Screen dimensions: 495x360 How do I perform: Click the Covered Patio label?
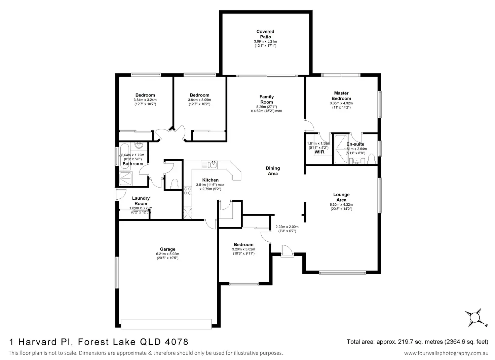[x=265, y=34]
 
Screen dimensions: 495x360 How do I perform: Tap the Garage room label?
[x=167, y=249]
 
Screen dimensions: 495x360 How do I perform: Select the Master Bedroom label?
[x=341, y=96]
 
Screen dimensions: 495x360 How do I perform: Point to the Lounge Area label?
[x=341, y=197]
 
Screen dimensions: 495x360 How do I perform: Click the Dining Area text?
[x=273, y=171]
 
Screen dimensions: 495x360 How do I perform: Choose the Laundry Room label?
[x=141, y=201]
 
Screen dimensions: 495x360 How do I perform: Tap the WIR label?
[x=319, y=152]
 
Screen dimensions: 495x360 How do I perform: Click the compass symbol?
[x=475, y=317]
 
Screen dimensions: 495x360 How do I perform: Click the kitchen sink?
[x=213, y=165]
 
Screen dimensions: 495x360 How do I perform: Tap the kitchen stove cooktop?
[x=187, y=191]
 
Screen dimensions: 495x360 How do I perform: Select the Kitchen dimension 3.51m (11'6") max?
[x=210, y=185]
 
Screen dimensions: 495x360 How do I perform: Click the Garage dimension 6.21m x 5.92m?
[x=167, y=254]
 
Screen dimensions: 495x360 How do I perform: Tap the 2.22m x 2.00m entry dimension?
[x=287, y=227]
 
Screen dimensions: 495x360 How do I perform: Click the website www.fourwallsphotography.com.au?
[x=446, y=353]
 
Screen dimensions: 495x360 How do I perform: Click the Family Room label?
[x=267, y=99]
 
